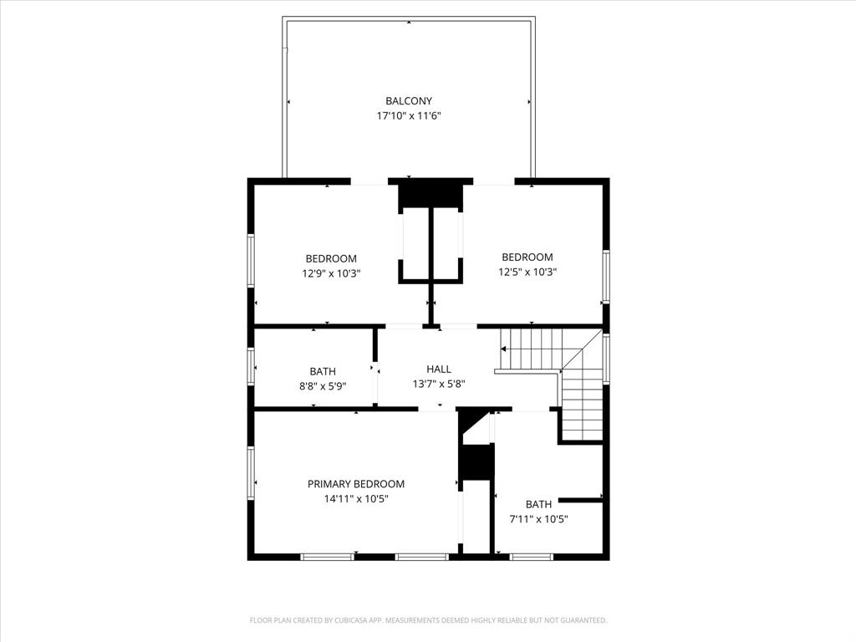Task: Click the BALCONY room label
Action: click(x=409, y=101)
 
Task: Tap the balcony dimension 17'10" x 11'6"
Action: click(x=409, y=116)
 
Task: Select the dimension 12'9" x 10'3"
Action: click(x=331, y=273)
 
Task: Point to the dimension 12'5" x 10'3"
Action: click(x=527, y=272)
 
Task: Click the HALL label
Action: click(x=439, y=369)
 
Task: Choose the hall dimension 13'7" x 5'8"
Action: click(x=439, y=384)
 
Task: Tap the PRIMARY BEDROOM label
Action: click(x=356, y=484)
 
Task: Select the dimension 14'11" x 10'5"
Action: click(x=356, y=499)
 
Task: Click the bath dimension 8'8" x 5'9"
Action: click(x=323, y=386)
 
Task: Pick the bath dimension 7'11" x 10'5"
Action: click(x=539, y=519)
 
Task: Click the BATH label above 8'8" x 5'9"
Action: click(x=323, y=371)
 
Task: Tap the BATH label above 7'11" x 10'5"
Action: click(x=539, y=504)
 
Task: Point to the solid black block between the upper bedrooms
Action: click(x=431, y=194)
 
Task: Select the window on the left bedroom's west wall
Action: click(x=250, y=261)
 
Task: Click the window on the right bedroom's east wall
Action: click(x=606, y=277)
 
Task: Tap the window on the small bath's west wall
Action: click(x=250, y=365)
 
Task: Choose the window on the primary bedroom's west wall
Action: click(x=250, y=473)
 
